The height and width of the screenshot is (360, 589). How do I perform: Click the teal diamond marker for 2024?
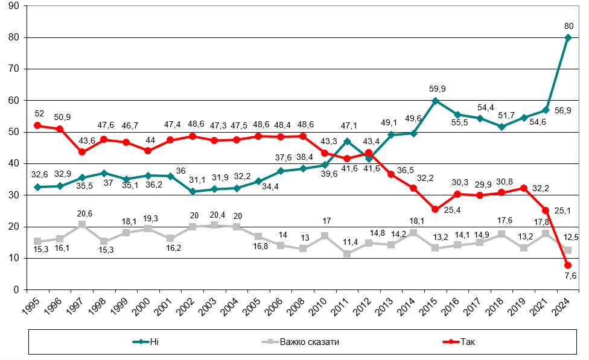tap(568, 37)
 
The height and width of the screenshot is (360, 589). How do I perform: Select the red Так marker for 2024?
tap(568, 265)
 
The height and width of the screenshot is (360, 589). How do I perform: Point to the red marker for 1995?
tap(37, 125)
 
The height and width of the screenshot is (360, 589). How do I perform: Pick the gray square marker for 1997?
tap(82, 224)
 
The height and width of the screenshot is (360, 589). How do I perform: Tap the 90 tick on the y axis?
tap(12, 6)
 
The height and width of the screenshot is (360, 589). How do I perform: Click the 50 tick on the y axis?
tap(12, 132)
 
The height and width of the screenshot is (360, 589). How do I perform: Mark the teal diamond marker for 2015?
tap(435, 101)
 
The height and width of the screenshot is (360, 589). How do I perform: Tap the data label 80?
tap(568, 26)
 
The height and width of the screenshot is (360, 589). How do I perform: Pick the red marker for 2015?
tap(435, 209)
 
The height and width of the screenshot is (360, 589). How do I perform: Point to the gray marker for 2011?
tap(347, 254)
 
